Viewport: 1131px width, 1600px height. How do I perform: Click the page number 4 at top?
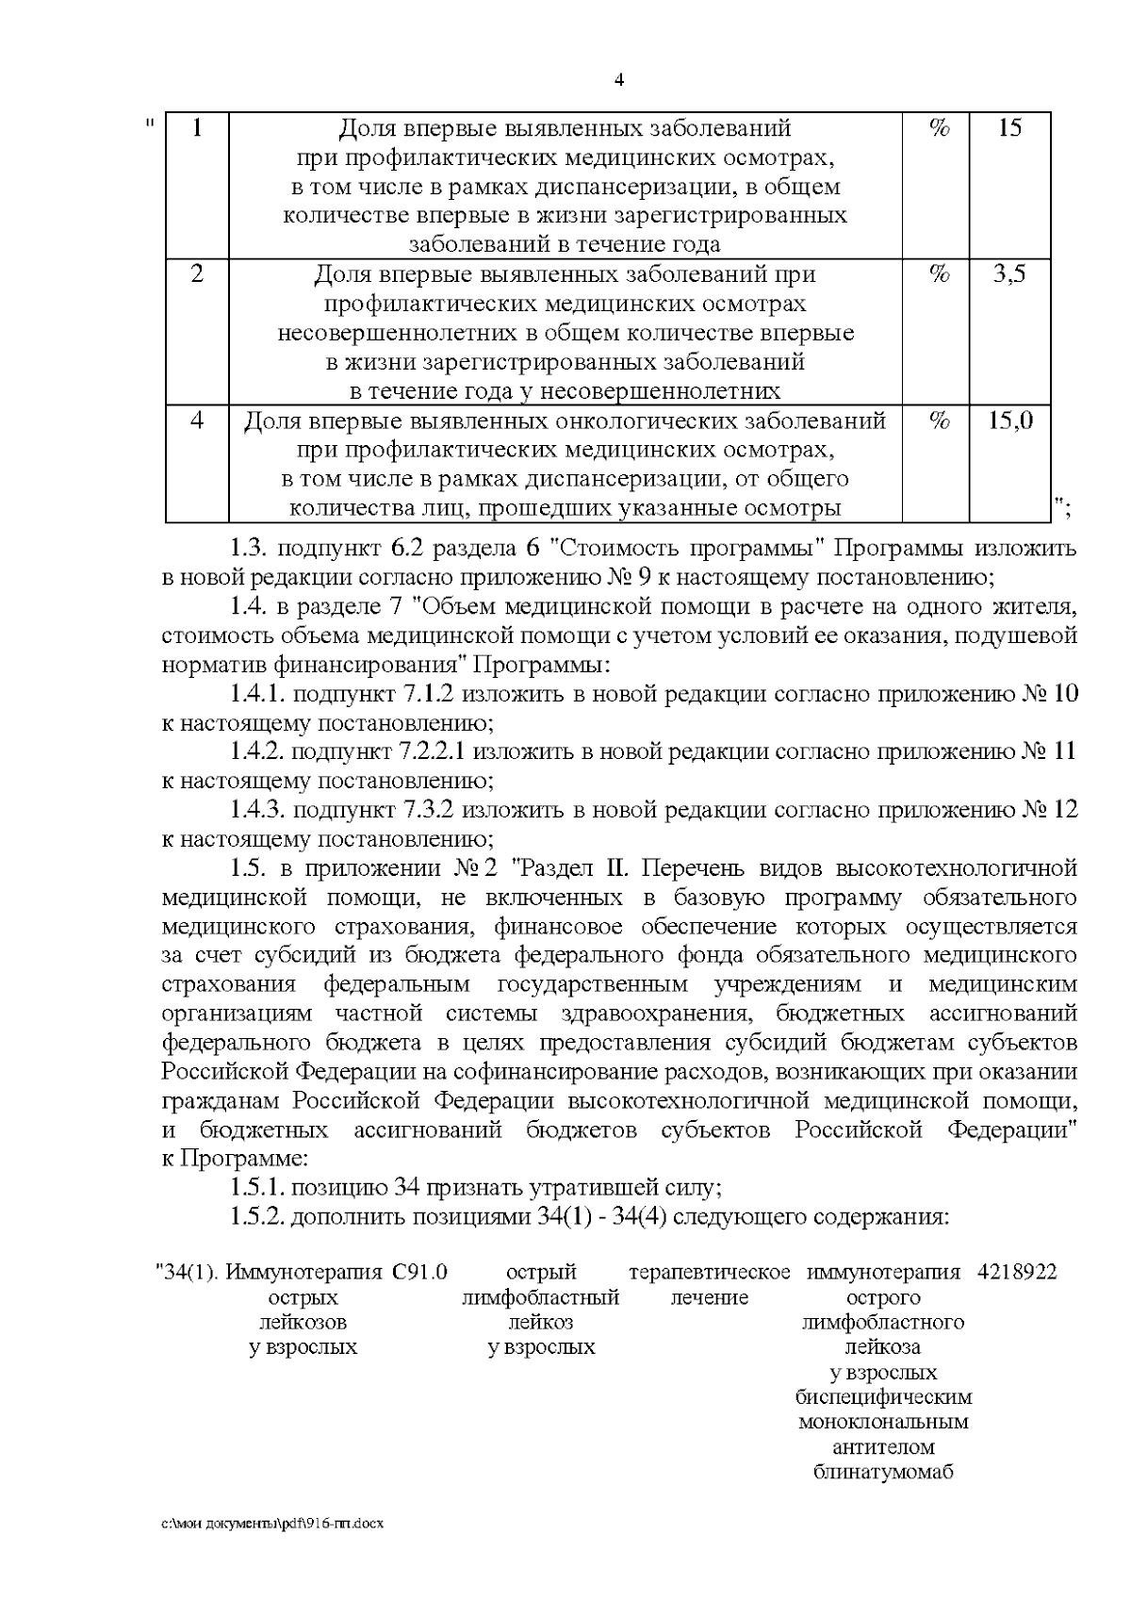pyautogui.click(x=619, y=79)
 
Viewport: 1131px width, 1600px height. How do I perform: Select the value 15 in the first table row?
pyautogui.click(x=1009, y=128)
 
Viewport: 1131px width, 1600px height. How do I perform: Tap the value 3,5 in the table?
pyautogui.click(x=1009, y=274)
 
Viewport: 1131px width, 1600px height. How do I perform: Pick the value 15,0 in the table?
pyautogui.click(x=1010, y=421)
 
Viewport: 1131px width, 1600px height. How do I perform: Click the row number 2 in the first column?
pyautogui.click(x=197, y=274)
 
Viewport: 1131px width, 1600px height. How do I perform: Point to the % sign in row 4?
pyautogui.click(x=939, y=421)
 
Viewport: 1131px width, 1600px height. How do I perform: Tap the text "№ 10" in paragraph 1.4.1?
pyautogui.click(x=1050, y=695)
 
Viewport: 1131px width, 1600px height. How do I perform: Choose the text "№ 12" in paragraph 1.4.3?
pyautogui.click(x=1050, y=810)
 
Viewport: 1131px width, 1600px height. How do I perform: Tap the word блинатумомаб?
pyautogui.click(x=883, y=1472)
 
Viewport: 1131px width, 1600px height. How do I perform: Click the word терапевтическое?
pyautogui.click(x=709, y=1272)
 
